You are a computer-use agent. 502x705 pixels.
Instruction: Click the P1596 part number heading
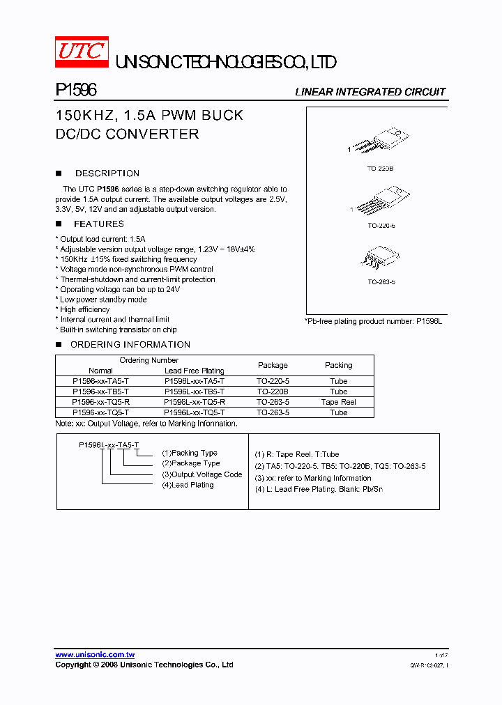pyautogui.click(x=75, y=91)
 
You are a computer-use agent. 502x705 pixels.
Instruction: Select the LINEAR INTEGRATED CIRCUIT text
pyautogui.click(x=370, y=92)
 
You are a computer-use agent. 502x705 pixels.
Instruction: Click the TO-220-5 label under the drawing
pyautogui.click(x=381, y=225)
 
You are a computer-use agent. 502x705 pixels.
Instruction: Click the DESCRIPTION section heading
pyautogui.click(x=107, y=173)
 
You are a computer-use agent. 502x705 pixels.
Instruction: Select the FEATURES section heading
pyautogui.click(x=98, y=224)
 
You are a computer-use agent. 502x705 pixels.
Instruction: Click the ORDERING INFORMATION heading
pyautogui.click(x=130, y=345)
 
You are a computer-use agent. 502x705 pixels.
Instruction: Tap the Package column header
pyautogui.click(x=273, y=365)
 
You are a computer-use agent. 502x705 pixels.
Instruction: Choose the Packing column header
pyautogui.click(x=338, y=365)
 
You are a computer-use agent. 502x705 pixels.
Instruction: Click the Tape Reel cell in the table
pyautogui.click(x=338, y=402)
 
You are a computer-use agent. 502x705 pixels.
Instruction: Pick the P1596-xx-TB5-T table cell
pyautogui.click(x=100, y=392)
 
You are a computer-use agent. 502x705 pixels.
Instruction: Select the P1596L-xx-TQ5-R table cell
pyautogui.click(x=194, y=402)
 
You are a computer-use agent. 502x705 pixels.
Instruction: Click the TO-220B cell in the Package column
pyautogui.click(x=273, y=392)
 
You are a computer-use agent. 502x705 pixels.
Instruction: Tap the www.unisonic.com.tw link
pyautogui.click(x=95, y=655)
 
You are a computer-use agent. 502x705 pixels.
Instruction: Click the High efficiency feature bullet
pyautogui.click(x=84, y=309)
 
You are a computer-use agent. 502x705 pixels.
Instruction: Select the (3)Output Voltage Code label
pyautogui.click(x=201, y=474)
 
